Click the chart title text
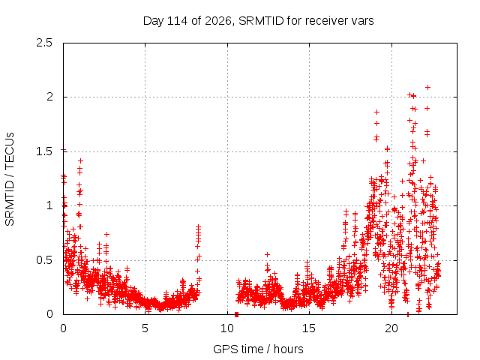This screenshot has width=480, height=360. point(258,21)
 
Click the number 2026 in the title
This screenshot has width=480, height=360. point(218,21)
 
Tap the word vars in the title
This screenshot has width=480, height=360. point(362,22)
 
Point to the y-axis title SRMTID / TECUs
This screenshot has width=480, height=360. point(10,179)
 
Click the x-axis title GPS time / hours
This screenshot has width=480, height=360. point(258,349)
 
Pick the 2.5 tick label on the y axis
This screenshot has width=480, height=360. point(44,43)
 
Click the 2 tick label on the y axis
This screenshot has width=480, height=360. point(49,97)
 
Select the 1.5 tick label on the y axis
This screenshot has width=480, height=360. point(44,151)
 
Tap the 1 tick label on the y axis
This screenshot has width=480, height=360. point(50,205)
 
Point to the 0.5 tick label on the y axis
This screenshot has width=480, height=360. point(44,260)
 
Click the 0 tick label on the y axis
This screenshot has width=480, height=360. point(49,314)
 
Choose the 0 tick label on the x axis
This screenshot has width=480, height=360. point(63,328)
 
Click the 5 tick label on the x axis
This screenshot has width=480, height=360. point(145,328)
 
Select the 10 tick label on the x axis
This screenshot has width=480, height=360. point(227,328)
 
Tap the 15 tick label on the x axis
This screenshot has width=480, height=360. point(309,328)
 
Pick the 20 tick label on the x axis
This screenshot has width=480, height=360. point(391,328)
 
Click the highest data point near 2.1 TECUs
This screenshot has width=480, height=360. point(428,87)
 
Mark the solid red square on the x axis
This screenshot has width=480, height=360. point(236,314)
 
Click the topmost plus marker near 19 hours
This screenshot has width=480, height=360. point(376,112)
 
